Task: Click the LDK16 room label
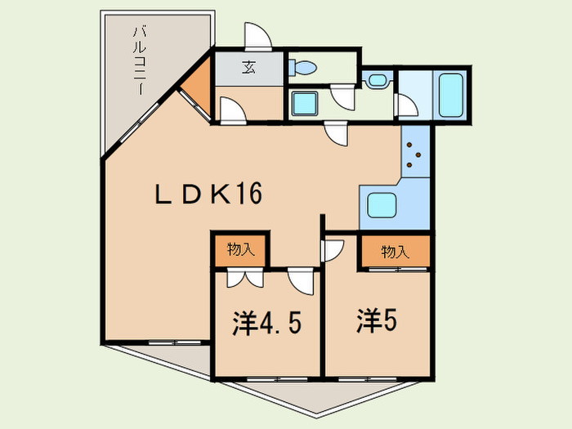tap(208, 194)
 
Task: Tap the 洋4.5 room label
tap(267, 324)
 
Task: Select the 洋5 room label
tap(377, 320)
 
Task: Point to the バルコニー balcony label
tap(139, 60)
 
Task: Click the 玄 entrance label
tap(248, 67)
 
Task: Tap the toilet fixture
tap(302, 68)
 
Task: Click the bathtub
tap(451, 95)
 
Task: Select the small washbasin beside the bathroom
tap(378, 79)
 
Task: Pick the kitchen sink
tap(382, 205)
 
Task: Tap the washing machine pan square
tap(305, 103)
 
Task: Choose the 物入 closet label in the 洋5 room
tap(395, 252)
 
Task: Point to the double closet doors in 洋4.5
tap(245, 278)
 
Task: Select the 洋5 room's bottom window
tap(368, 379)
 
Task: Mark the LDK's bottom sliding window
tap(175, 342)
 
